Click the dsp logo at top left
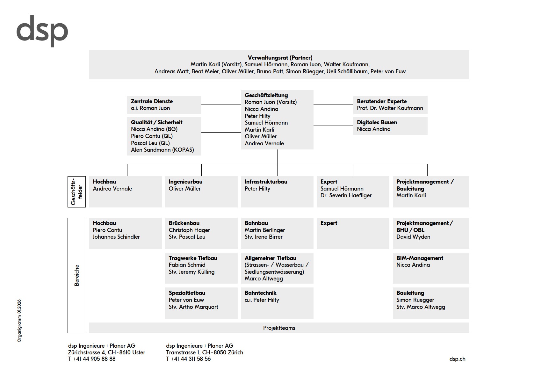click(42, 31)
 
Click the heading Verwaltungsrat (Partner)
click(280, 58)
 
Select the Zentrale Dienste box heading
click(152, 101)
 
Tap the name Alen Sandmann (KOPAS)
click(162, 150)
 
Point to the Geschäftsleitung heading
click(266, 95)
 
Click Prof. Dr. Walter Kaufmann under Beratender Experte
click(390, 108)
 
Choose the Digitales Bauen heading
click(377, 122)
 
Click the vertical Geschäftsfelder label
click(76, 192)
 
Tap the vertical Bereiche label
click(76, 275)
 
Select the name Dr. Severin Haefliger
click(346, 195)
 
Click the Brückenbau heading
click(184, 223)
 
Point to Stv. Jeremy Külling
click(191, 272)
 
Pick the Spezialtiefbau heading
click(187, 293)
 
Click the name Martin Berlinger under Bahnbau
click(264, 230)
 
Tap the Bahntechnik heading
click(260, 293)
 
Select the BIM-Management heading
click(420, 258)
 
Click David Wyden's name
click(413, 237)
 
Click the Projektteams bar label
click(279, 328)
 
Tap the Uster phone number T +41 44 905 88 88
click(92, 359)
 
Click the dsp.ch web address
click(457, 359)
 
